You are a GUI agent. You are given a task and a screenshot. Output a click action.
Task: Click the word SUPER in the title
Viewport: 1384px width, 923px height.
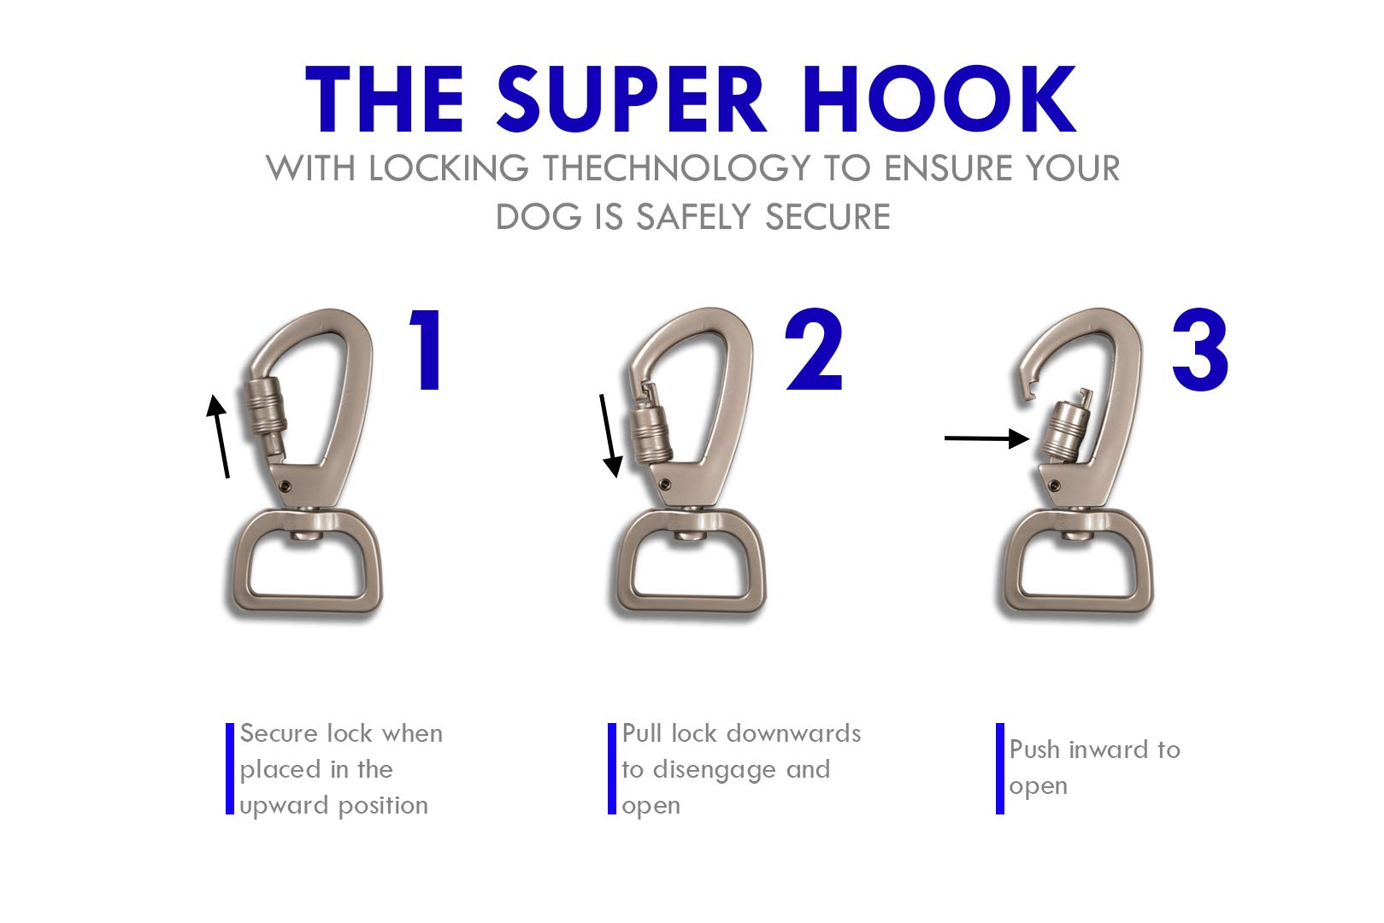(x=631, y=99)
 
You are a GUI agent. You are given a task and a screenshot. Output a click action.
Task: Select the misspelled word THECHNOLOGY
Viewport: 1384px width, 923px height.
(x=676, y=168)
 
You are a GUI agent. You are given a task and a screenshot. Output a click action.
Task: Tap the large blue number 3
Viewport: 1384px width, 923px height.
(x=1200, y=350)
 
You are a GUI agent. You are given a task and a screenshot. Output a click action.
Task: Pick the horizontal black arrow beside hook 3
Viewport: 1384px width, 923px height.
(x=986, y=438)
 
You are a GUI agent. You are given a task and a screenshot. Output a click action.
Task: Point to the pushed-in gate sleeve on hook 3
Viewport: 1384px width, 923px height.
(x=1065, y=430)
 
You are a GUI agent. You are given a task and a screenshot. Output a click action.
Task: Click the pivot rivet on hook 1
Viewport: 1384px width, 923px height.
(x=286, y=486)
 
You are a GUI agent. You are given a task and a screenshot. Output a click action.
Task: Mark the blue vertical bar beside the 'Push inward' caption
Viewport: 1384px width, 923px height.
(x=999, y=768)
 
